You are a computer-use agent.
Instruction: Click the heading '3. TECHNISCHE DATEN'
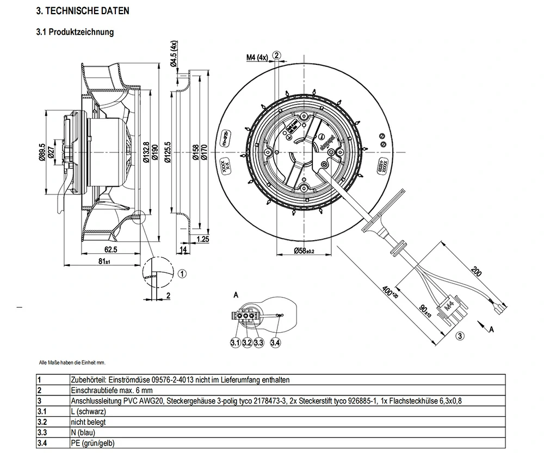[x=82, y=11]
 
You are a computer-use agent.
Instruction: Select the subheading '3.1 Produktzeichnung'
[x=75, y=32]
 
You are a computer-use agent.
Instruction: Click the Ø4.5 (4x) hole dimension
[x=174, y=54]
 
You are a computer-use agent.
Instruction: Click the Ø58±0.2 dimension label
[x=305, y=251]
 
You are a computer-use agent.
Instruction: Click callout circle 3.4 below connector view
[x=275, y=343]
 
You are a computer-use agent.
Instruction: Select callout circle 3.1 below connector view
[x=235, y=343]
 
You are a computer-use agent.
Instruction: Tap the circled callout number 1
[x=182, y=273]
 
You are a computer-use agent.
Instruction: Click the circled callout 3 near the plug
[x=460, y=336]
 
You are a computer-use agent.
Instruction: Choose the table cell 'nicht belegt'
[x=88, y=422]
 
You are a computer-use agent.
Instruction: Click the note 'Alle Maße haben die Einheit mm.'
[x=72, y=362]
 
